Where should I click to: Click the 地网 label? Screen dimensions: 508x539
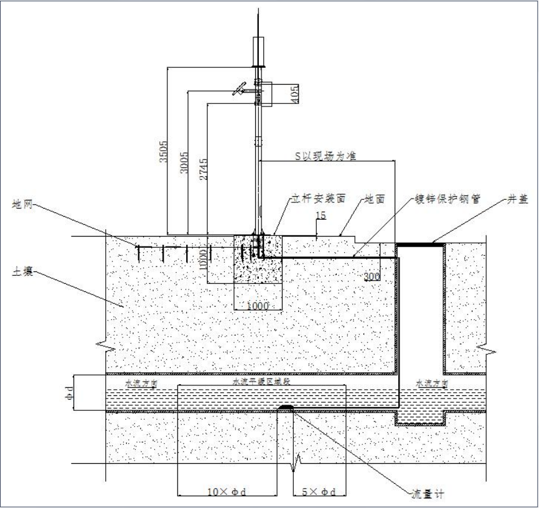(x=22, y=204)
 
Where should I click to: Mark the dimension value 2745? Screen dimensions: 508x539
(x=204, y=169)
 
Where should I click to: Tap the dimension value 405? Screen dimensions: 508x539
(x=294, y=93)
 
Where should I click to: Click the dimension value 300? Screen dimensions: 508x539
(x=372, y=277)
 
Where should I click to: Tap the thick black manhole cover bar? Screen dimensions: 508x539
(x=420, y=244)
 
